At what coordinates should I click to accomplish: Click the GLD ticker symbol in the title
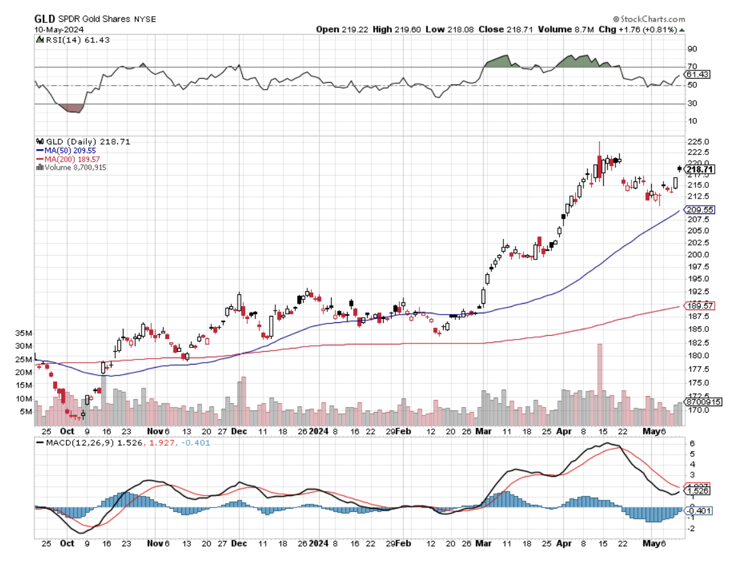(x=44, y=19)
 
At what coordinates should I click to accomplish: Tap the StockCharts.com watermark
(x=649, y=19)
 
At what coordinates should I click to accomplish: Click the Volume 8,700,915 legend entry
(x=72, y=167)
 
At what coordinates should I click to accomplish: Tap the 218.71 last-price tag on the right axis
(x=699, y=169)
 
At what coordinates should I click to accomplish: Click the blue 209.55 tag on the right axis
(x=700, y=210)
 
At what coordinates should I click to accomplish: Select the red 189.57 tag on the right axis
(x=700, y=306)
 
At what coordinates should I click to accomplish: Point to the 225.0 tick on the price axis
(x=697, y=142)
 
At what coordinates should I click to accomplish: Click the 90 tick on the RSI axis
(x=692, y=48)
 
